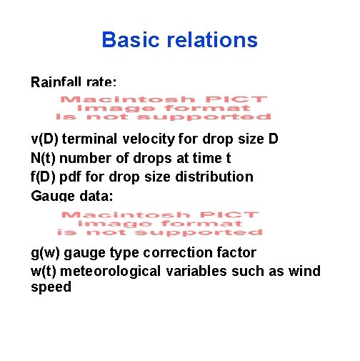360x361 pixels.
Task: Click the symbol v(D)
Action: [46, 139]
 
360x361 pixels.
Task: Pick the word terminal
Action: [92, 139]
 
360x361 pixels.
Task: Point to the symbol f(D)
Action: [44, 177]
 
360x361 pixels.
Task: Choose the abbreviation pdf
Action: [75, 177]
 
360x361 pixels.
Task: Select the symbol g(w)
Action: [47, 252]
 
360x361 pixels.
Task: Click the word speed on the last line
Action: [51, 287]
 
